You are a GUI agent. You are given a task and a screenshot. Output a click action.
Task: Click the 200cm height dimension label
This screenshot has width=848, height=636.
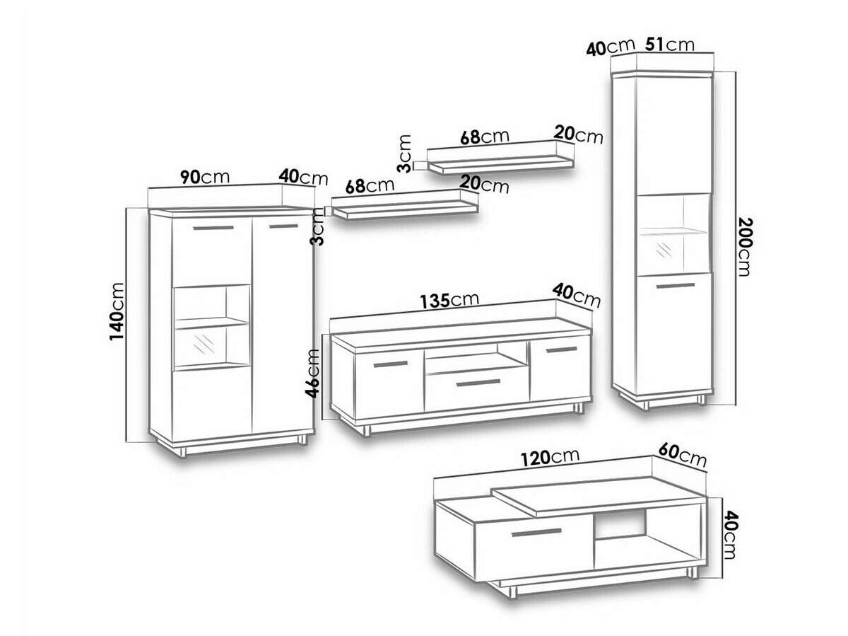pos(743,247)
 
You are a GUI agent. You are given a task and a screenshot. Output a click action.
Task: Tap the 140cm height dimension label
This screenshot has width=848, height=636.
pos(117,311)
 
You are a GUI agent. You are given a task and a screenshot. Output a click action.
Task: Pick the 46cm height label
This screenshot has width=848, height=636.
pos(313,373)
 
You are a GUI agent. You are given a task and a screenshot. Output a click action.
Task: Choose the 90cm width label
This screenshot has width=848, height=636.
pos(205,177)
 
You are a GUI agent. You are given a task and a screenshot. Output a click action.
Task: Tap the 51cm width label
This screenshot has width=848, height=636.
pos(670,45)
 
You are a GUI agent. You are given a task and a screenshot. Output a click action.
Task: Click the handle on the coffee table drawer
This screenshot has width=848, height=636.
pos(536,533)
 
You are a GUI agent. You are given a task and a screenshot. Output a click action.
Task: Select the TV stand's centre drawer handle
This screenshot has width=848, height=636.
pos(478,383)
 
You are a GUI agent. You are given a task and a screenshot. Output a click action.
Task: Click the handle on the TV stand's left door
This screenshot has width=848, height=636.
pos(391,364)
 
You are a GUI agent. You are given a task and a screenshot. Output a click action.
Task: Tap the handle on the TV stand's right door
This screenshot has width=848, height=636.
pos(562,349)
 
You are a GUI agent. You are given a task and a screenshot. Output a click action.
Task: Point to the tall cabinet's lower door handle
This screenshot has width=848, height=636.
pos(676,286)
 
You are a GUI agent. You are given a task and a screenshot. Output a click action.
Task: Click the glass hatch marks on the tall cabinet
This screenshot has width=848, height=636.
pos(664,250)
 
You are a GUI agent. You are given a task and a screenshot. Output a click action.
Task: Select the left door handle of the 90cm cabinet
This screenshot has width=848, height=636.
pos(213,228)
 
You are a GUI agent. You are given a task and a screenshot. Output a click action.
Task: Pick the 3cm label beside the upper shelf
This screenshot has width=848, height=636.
pos(404,154)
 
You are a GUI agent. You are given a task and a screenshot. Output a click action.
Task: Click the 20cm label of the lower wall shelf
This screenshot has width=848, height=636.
pos(484,184)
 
